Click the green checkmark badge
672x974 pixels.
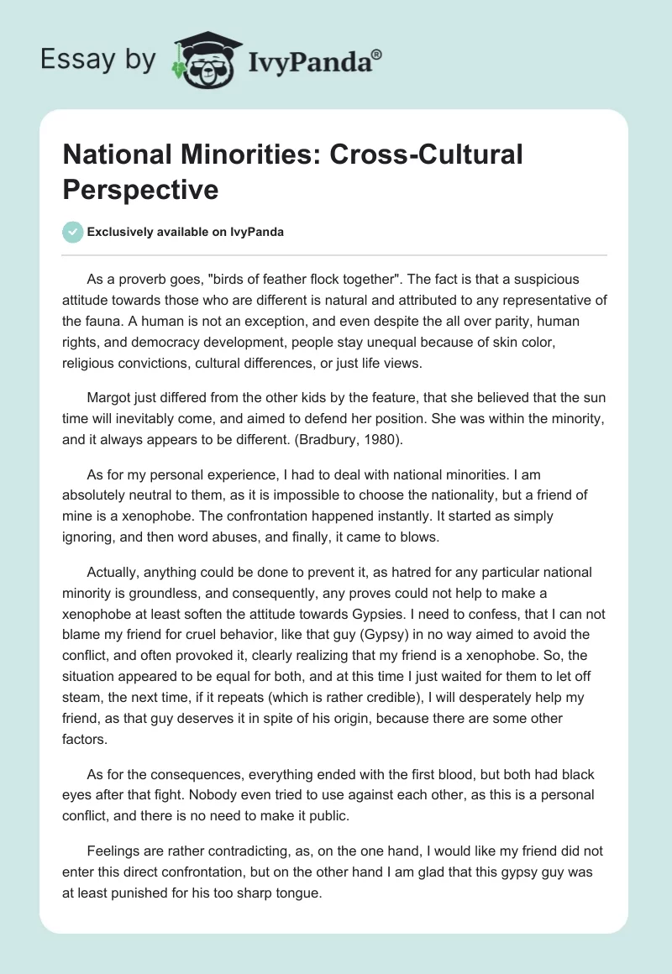(73, 232)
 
